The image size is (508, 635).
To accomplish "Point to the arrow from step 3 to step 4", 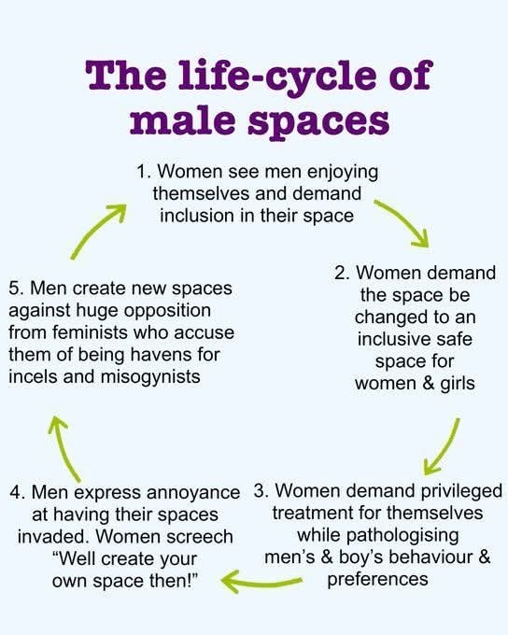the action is click(x=261, y=582).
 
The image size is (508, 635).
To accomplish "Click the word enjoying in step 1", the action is click(x=343, y=173).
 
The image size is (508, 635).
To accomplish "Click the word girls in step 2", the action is click(x=458, y=384).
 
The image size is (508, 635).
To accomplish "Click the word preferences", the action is click(x=377, y=580).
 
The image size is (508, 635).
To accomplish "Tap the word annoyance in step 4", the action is click(x=193, y=494).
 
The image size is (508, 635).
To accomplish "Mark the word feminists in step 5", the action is click(x=90, y=332).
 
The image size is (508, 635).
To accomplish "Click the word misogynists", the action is click(x=150, y=377).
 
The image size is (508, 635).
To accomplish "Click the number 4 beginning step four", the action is click(x=16, y=493).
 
